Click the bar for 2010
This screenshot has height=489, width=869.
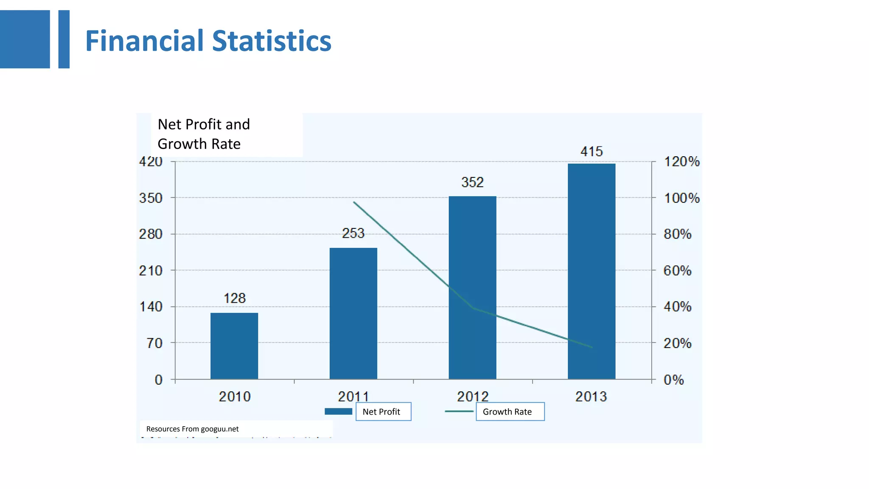234,346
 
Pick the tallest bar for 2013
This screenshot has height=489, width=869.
591,271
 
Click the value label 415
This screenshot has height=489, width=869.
591,152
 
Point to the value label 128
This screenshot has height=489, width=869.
235,298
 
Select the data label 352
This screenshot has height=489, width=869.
472,183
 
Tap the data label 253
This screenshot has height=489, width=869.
353,233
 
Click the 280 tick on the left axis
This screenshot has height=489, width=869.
151,234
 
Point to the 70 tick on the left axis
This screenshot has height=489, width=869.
154,343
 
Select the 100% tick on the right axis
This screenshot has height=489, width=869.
681,198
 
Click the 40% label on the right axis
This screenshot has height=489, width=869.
677,306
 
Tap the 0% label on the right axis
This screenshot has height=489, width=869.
673,379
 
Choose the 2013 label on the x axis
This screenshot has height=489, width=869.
591,396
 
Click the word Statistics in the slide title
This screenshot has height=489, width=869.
272,41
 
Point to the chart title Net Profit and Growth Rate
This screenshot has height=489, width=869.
204,134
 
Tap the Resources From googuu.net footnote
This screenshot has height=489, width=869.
192,429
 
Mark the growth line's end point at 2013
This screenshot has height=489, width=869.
591,347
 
